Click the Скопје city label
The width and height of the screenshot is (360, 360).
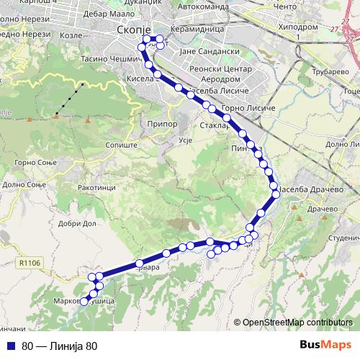tap(131, 30)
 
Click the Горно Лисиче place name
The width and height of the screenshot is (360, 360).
tap(249, 107)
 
